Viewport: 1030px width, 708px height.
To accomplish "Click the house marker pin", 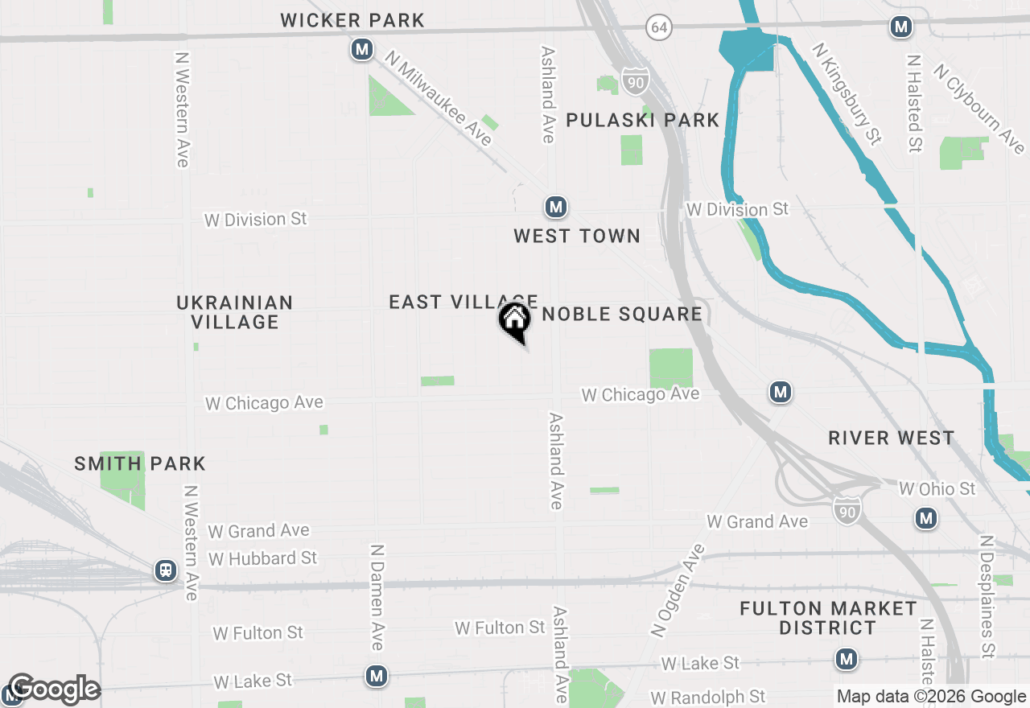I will [515, 321].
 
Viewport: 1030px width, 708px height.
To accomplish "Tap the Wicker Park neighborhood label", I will [352, 21].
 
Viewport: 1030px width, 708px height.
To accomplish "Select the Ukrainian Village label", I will [235, 312].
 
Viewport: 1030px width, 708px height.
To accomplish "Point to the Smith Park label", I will [140, 463].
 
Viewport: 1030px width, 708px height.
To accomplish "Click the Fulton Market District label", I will [828, 618].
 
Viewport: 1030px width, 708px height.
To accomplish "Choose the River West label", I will [892, 438].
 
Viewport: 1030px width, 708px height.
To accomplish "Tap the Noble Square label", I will [622, 314].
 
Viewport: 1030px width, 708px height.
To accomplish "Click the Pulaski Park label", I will [642, 121].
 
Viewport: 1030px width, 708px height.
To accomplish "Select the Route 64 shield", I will [659, 28].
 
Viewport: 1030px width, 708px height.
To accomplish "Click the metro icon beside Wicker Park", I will [362, 50].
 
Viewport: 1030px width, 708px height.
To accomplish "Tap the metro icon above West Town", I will [555, 208].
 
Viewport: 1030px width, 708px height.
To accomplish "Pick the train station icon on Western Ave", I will [166, 570].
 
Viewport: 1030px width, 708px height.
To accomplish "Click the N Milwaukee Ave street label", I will [439, 98].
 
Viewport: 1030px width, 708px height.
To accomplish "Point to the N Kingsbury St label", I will [847, 94].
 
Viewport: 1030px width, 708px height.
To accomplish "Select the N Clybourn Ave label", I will [978, 109].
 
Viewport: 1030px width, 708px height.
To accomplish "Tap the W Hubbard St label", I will [262, 558].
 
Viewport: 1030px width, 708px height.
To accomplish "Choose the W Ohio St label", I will [937, 489].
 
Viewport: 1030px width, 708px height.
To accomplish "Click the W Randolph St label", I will [708, 697].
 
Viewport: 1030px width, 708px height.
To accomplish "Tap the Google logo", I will [54, 689].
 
